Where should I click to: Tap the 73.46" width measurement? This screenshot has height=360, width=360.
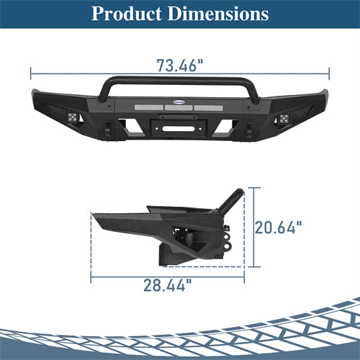click(x=180, y=66)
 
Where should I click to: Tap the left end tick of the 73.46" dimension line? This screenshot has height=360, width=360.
click(x=31, y=73)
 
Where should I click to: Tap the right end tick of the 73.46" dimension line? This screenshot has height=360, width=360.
click(x=329, y=73)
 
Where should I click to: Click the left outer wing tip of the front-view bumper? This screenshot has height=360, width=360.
click(x=34, y=94)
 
